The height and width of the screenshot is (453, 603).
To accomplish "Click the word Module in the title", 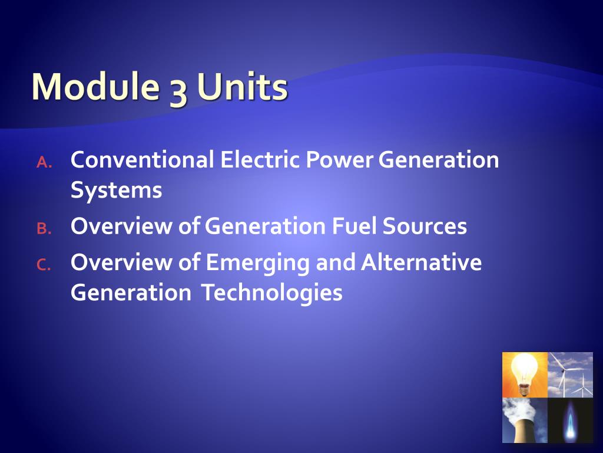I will coord(94,87).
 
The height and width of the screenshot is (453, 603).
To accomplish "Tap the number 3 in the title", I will coord(178,90).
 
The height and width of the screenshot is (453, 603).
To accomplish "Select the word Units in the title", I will coord(242,87).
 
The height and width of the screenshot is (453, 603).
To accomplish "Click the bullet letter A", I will coord(44,163).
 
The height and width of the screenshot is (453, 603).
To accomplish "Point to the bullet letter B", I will coord(44,229).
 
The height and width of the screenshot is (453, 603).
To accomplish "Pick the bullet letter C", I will coord(44,265).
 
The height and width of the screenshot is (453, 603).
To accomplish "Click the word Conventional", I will coord(142,160).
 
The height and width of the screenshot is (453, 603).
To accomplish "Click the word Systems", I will coord(116,191).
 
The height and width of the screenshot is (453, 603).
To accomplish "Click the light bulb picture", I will coord(525,375).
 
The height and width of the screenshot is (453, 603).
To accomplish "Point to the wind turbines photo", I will coord(570,375).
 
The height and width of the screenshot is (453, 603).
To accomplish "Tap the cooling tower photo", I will coord(525,420).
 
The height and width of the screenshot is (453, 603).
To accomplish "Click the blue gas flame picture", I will coord(570,420).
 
